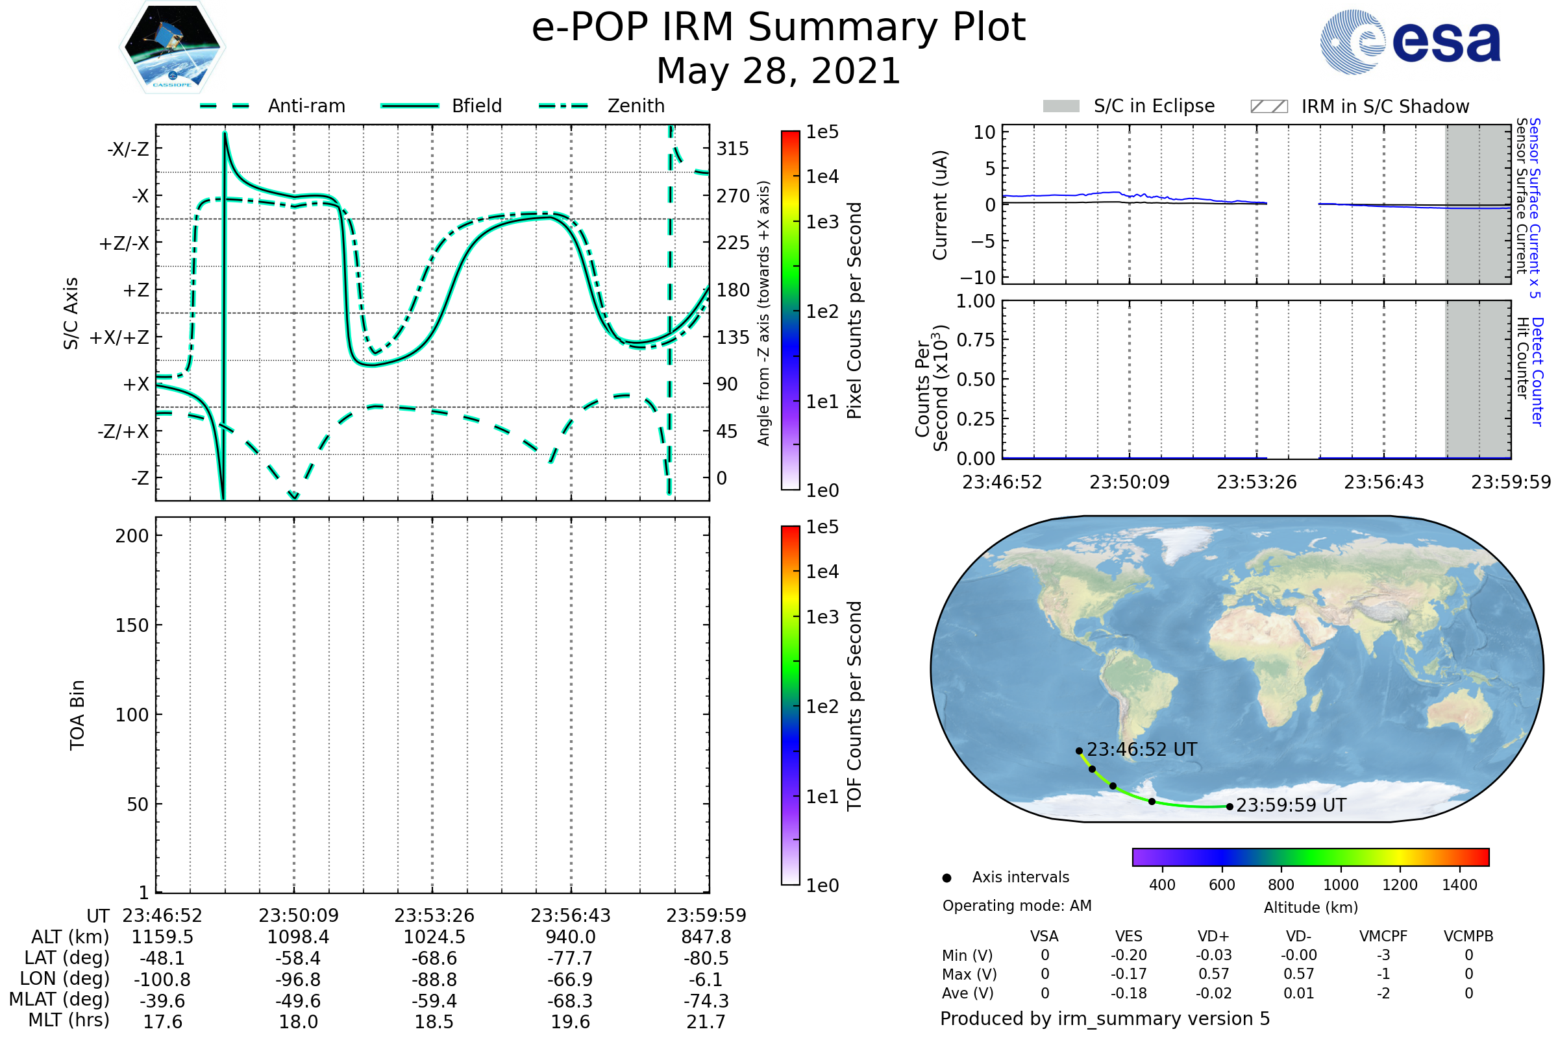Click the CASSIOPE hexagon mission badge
click(172, 47)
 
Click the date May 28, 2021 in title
click(778, 71)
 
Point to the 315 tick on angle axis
click(732, 149)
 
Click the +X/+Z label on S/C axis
click(119, 337)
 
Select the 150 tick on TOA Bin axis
click(132, 625)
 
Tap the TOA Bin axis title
click(77, 714)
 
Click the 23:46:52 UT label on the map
click(1141, 749)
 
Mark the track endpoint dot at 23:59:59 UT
click(1230, 806)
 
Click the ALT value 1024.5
click(434, 937)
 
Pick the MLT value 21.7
click(706, 1021)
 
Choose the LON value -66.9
click(570, 979)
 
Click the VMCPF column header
click(1383, 936)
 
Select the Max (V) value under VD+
click(1213, 974)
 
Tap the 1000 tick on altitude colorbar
click(1341, 885)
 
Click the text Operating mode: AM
click(1017, 906)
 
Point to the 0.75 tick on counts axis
click(976, 339)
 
